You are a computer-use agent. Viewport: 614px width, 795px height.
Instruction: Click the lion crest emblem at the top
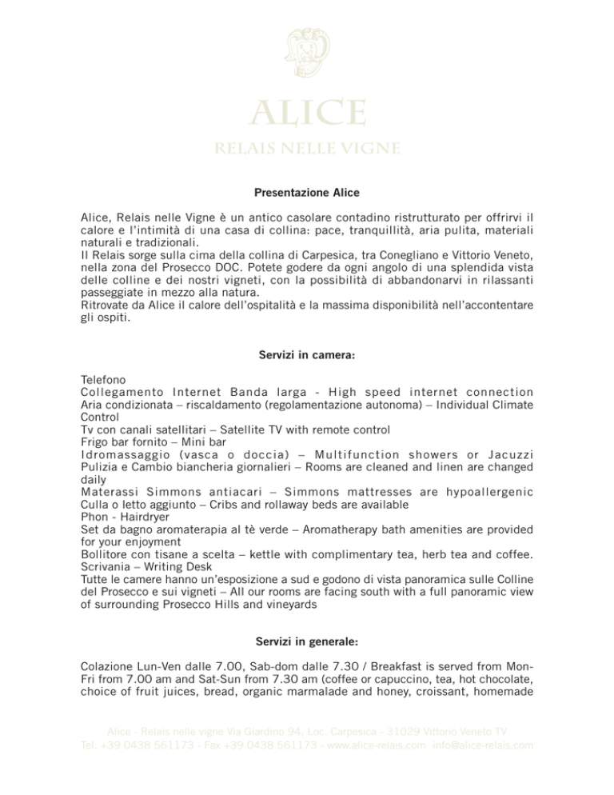pos(307,53)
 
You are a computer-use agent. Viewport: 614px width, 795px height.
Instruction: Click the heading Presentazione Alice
pos(307,193)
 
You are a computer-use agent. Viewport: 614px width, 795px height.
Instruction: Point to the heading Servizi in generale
pos(307,642)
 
